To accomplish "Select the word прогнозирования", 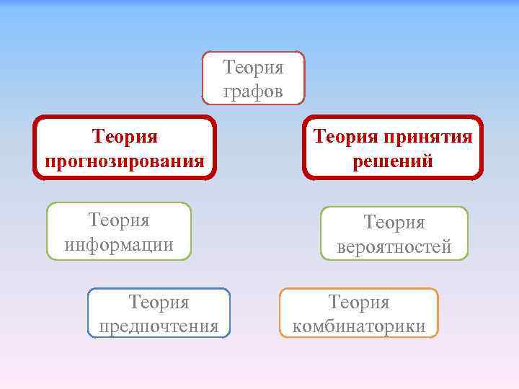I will click(125, 160).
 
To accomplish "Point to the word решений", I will click(393, 160).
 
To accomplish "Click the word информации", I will click(119, 244).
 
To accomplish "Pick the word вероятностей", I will click(394, 247).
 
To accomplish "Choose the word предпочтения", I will click(159, 326).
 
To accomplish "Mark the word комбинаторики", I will click(358, 326).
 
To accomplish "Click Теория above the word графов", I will click(253, 68).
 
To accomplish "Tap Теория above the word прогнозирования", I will click(125, 136).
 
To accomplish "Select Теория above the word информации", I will click(119, 219).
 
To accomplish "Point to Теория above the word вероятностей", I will click(394, 223).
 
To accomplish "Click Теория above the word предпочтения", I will click(159, 302).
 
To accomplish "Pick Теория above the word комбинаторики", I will click(358, 302).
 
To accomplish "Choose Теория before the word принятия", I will click(345, 136).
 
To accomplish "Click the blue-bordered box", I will click(159, 313).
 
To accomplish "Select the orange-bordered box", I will click(358, 313).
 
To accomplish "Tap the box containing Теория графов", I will click(253, 79).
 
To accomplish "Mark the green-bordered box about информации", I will click(119, 231).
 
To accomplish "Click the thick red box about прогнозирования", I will click(125, 148).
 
